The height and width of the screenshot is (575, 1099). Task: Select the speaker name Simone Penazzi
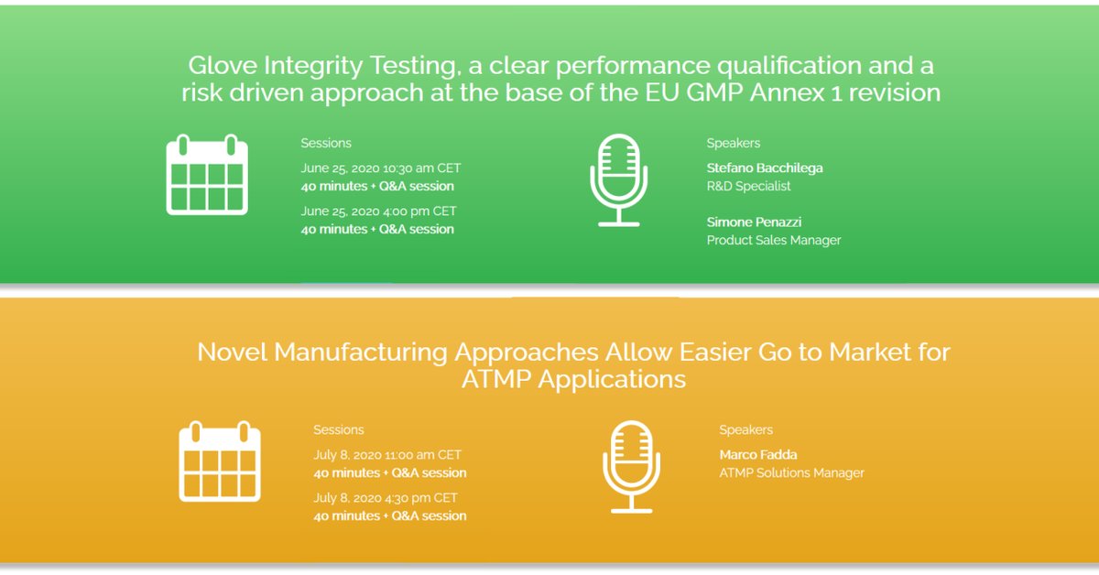[754, 222]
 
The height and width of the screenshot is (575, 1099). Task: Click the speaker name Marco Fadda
[758, 454]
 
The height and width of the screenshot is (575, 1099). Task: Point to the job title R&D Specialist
[748, 186]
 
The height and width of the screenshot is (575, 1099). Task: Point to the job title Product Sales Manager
[773, 240]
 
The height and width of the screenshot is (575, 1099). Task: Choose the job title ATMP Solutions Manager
[791, 472]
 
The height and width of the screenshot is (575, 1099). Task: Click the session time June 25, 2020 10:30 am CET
[381, 168]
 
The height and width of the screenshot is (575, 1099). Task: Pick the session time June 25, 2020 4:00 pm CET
[378, 211]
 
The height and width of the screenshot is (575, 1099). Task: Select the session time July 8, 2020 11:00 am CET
[387, 454]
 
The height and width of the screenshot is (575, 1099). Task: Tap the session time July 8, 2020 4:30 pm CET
[386, 498]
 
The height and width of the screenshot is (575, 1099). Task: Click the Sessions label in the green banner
[326, 143]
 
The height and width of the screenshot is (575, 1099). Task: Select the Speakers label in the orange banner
[745, 429]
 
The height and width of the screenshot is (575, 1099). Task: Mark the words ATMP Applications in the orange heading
[573, 379]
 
